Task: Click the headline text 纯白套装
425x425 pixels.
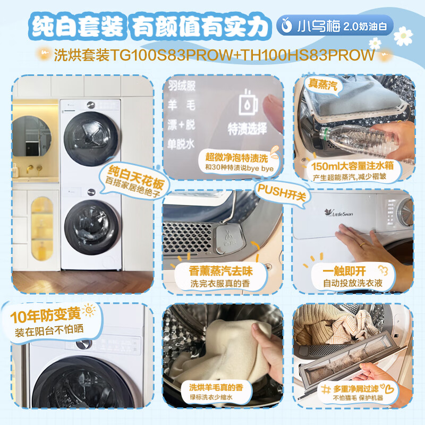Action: (78, 26)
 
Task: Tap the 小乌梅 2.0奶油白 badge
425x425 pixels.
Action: (335, 25)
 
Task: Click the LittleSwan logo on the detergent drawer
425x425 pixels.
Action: (339, 213)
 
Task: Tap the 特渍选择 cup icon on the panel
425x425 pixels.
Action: (248, 103)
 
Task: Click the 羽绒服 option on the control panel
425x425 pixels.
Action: (182, 86)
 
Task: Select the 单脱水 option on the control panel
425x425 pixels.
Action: (181, 144)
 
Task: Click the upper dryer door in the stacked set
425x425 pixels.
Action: (91, 139)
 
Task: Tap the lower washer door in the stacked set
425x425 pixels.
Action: (91, 227)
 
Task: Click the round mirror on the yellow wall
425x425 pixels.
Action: (32, 136)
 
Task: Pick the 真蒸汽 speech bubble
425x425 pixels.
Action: (323, 85)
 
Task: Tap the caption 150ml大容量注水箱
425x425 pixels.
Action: (352, 166)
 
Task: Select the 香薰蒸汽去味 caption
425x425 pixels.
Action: (220, 271)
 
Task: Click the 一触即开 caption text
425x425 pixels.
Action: (344, 271)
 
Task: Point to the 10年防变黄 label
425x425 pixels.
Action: (46, 315)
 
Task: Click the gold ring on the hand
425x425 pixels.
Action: (362, 244)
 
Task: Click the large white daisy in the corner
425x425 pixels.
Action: (403, 36)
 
